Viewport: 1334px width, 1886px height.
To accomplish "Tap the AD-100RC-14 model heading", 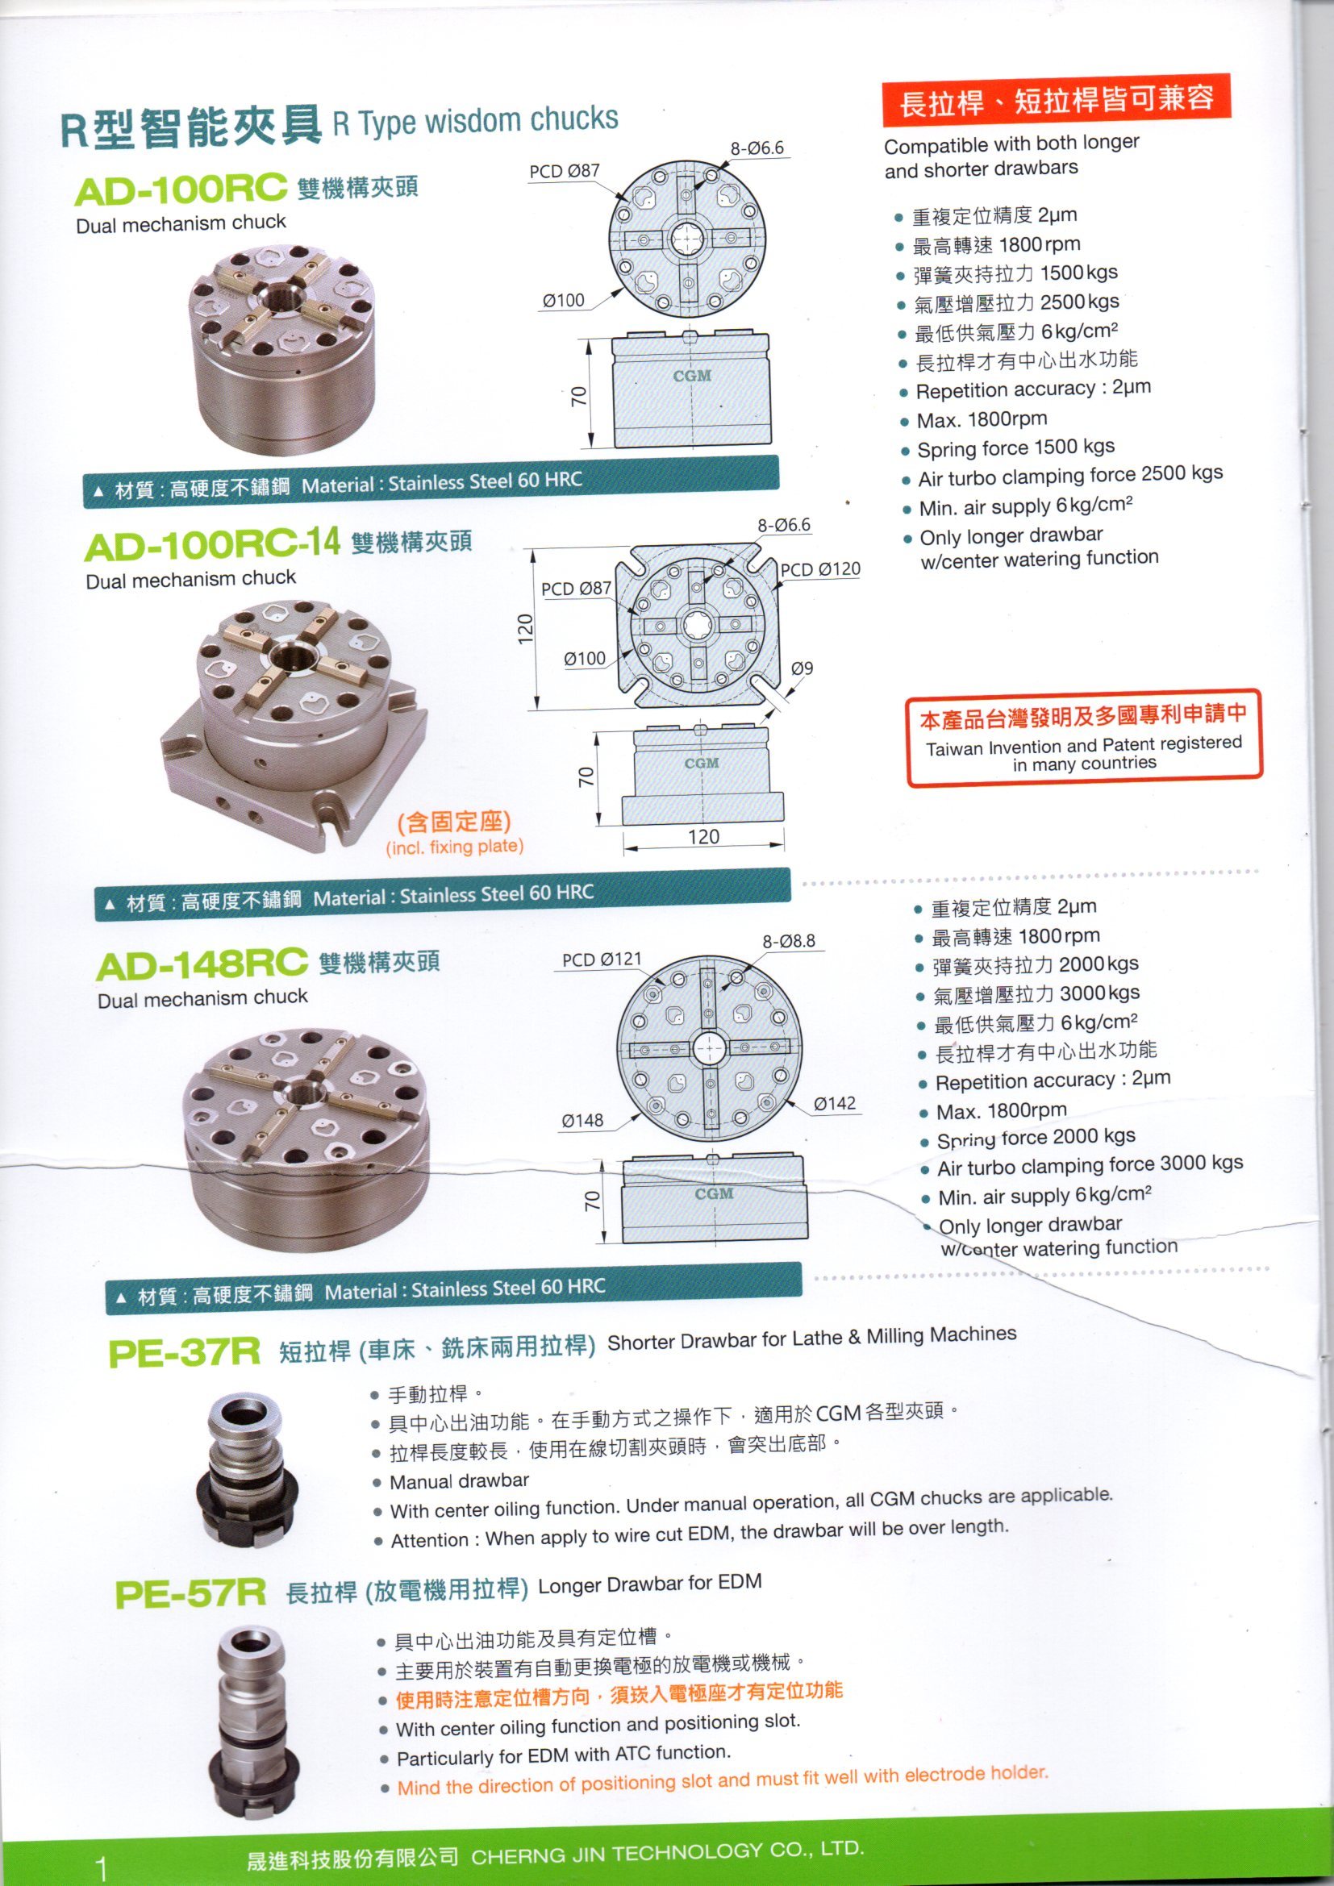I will click(211, 544).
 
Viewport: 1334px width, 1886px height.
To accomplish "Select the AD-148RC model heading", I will click(202, 964).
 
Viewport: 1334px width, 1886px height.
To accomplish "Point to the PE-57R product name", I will click(190, 1594).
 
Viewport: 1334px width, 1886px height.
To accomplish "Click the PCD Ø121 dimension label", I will click(602, 960).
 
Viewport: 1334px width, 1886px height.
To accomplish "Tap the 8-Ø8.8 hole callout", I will click(789, 940).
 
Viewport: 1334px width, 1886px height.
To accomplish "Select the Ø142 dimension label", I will click(835, 1104).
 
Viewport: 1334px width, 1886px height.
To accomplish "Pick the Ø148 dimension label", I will click(582, 1121).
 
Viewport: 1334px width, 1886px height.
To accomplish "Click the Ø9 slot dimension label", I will click(802, 668).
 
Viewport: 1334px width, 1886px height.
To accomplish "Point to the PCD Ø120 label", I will click(819, 569).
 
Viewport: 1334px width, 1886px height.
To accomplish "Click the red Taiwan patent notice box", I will click(1083, 739).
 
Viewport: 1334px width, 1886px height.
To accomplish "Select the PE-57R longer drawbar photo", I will click(253, 1716).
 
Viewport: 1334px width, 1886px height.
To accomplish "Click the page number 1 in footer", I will click(101, 1866).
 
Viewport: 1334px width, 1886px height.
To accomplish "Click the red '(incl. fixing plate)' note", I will click(454, 847).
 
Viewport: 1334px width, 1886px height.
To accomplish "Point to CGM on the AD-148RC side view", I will click(714, 1193).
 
